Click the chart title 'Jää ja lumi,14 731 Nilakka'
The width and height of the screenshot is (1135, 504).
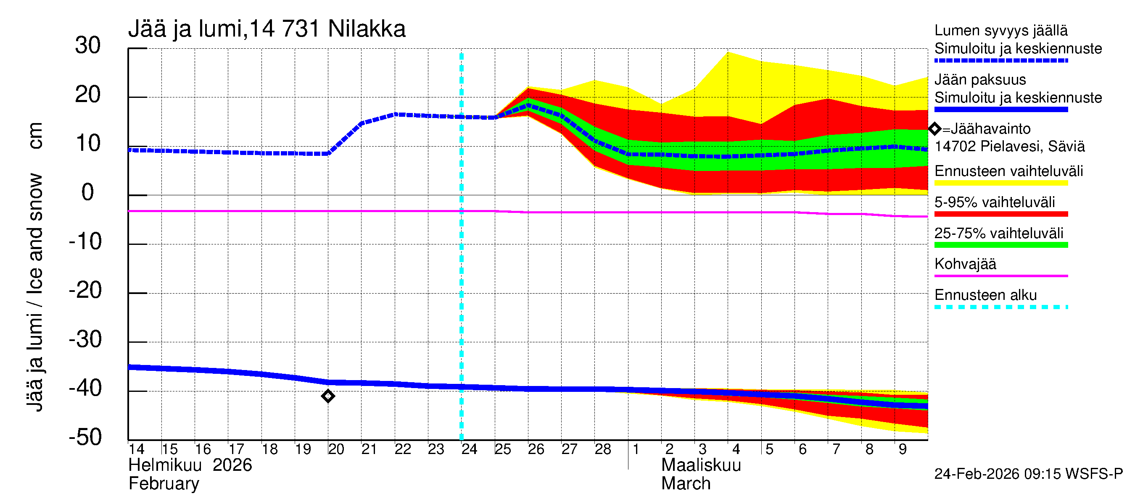[267, 29]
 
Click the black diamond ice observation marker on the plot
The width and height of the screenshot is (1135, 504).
[328, 396]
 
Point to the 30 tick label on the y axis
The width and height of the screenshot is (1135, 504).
[88, 45]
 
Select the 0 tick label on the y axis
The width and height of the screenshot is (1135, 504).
[88, 192]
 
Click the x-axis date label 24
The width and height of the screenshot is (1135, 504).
[469, 449]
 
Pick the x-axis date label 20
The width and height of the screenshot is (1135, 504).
[336, 449]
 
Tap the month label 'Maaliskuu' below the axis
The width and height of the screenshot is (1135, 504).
[701, 465]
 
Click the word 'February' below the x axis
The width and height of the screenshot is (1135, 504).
[164, 484]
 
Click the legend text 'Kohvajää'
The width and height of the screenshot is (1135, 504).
[965, 264]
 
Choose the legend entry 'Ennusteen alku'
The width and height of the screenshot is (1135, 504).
[985, 295]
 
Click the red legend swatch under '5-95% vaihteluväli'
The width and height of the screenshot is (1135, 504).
[1000, 214]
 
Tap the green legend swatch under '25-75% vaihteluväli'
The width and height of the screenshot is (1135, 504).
[1000, 245]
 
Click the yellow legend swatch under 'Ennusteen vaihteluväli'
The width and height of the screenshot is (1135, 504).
[1000, 183]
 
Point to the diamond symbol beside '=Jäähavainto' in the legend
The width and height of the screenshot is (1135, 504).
[934, 129]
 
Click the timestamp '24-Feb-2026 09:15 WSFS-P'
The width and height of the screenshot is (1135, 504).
[1028, 474]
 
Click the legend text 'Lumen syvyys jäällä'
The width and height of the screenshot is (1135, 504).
[1000, 31]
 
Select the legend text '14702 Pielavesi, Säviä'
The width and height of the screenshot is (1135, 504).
[1009, 147]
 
